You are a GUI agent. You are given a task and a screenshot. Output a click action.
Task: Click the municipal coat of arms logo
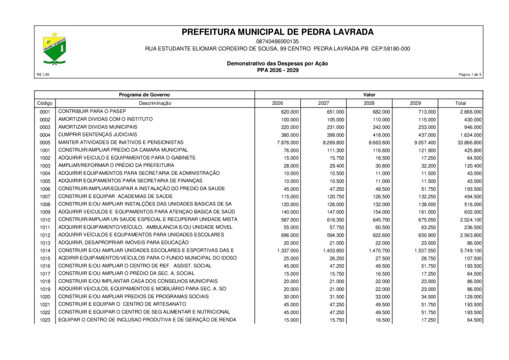[55, 49]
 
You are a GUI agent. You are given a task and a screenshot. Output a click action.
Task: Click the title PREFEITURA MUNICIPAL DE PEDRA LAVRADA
[278, 32]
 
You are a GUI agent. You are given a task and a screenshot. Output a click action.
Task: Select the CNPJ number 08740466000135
[278, 42]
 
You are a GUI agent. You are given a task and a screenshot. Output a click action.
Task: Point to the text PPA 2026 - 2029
[278, 70]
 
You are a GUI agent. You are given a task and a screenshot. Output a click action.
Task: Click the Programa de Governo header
[144, 95]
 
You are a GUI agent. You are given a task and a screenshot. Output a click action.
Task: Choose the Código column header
[45, 104]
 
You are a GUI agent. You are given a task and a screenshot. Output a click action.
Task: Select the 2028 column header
[369, 104]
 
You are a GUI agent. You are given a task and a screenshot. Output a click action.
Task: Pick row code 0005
[45, 143]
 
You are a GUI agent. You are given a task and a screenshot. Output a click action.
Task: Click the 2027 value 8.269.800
[334, 143]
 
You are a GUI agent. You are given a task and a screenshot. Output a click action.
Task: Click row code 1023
[45, 320]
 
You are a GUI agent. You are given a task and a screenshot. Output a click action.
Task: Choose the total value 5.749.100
[469, 250]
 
